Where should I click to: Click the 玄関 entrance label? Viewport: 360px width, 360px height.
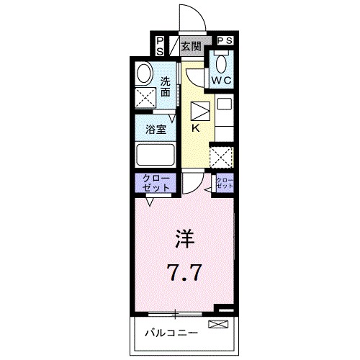tap(191, 48)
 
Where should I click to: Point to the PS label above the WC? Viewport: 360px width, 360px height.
tap(224, 41)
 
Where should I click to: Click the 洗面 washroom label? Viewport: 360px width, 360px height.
tap(166, 86)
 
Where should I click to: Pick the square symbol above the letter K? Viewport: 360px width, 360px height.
tap(199, 111)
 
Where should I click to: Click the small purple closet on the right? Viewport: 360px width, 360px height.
tap(225, 183)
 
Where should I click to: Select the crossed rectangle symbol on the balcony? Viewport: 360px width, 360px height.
tap(217, 325)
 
